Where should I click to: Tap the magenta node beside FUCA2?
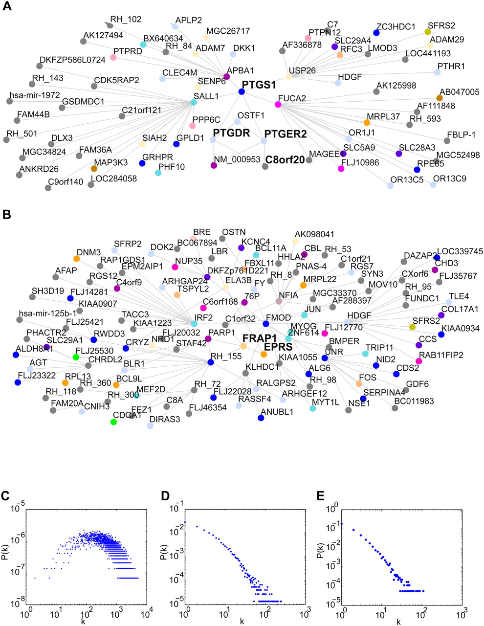pos(278,104)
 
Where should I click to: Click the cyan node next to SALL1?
pos(194,103)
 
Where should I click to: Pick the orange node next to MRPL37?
pos(367,122)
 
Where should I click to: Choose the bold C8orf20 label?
pos(285,159)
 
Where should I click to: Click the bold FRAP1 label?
pos(259,338)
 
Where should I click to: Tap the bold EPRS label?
pos(278,347)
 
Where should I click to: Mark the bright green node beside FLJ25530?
pos(76,357)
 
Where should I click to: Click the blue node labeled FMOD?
pos(266,324)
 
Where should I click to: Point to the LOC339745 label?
pos(460,251)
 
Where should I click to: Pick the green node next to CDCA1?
pos(113,422)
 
